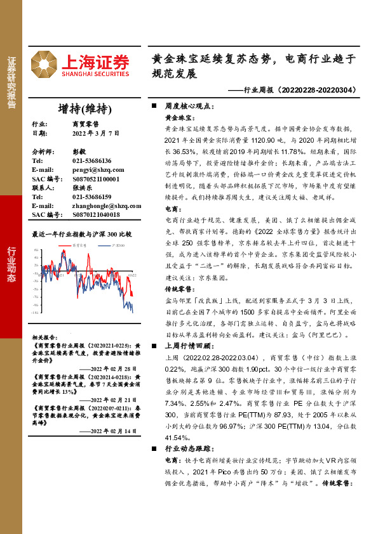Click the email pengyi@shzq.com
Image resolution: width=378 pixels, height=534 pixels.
point(97,170)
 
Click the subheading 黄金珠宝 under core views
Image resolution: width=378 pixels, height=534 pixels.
point(179,117)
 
